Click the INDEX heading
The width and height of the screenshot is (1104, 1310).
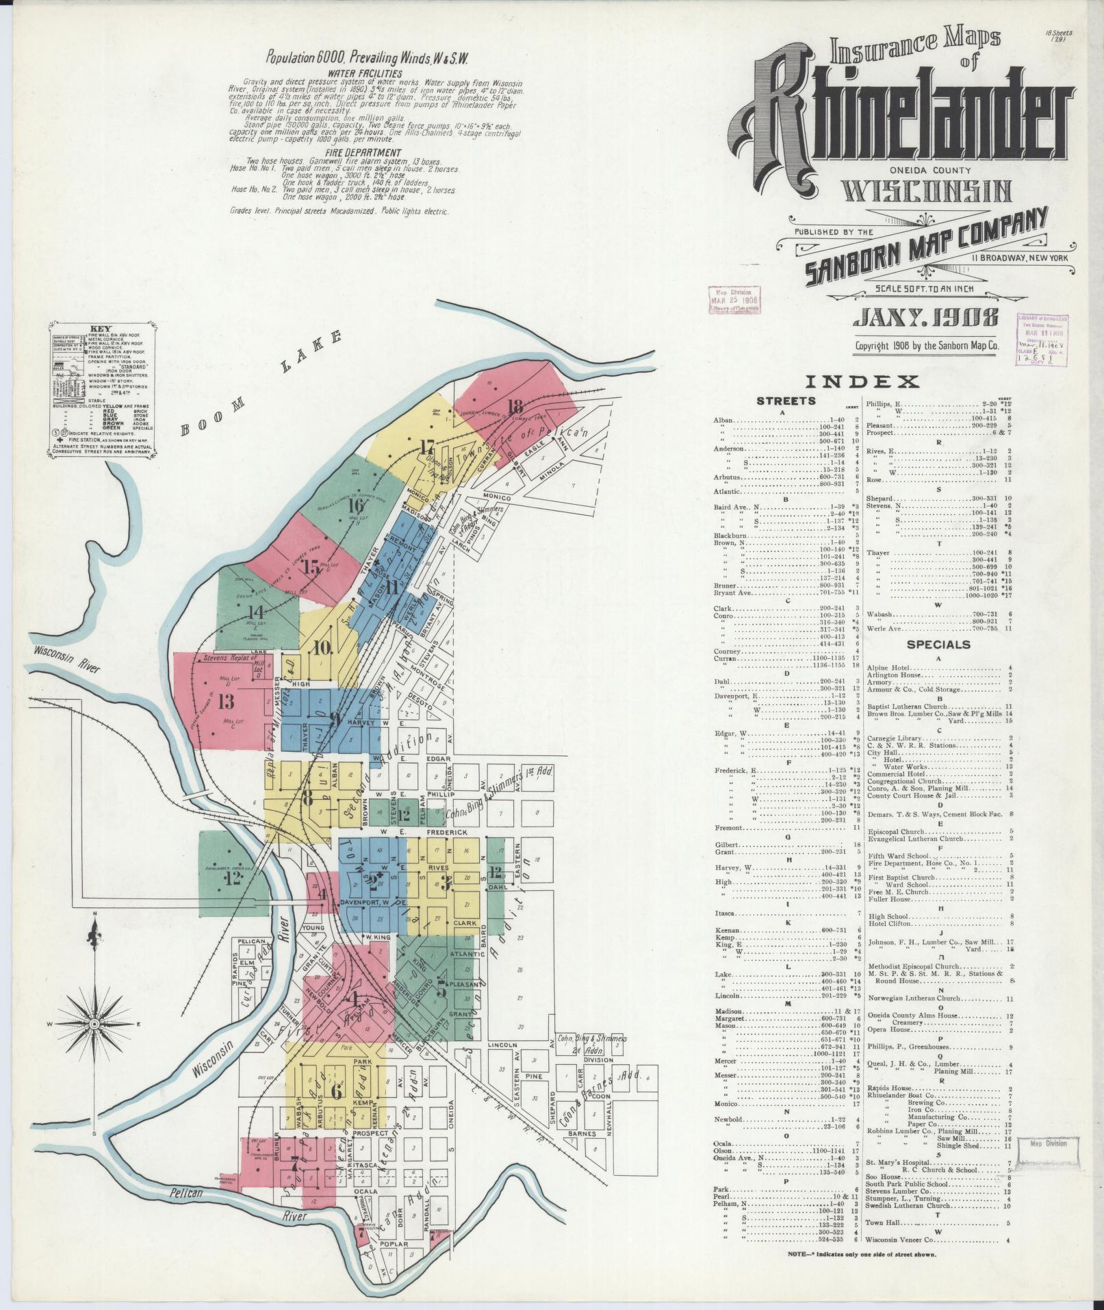pyautogui.click(x=862, y=381)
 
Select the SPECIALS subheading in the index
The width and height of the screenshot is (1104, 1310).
pyautogui.click(x=938, y=644)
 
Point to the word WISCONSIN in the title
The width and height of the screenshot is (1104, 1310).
pyautogui.click(x=927, y=192)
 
